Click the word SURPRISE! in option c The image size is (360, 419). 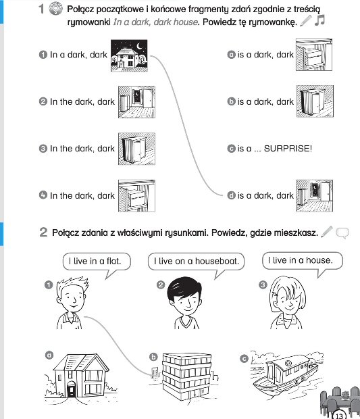(x=288, y=148)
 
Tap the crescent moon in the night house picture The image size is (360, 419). (x=139, y=47)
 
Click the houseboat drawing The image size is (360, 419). (x=286, y=374)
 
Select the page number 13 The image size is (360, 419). (x=338, y=416)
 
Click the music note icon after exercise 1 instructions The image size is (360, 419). (x=319, y=20)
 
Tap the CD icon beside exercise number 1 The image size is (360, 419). (x=55, y=9)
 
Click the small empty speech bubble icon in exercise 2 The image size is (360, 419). (x=342, y=232)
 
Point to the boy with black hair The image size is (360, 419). (x=184, y=303)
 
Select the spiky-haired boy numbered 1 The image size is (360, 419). (x=72, y=303)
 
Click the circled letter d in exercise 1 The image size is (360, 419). (x=231, y=195)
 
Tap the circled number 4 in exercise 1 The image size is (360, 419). (x=43, y=195)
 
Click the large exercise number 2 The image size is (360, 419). (x=43, y=232)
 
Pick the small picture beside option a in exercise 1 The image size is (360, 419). (x=314, y=55)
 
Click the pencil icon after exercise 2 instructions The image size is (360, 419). (x=327, y=232)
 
